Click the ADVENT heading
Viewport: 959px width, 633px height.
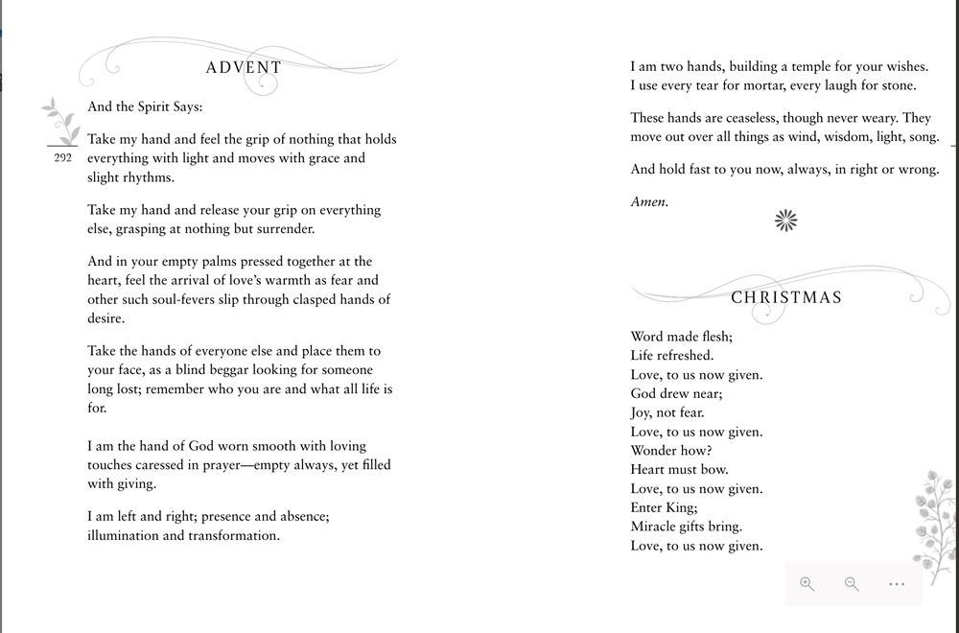pyautogui.click(x=244, y=68)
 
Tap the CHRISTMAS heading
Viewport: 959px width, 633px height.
pyautogui.click(x=786, y=297)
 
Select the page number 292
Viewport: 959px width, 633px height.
pyautogui.click(x=63, y=157)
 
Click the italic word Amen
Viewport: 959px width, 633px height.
pyautogui.click(x=649, y=201)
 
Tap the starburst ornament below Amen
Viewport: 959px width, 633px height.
pyautogui.click(x=786, y=221)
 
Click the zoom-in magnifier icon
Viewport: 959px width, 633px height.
pyautogui.click(x=807, y=584)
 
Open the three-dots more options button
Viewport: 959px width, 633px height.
pyautogui.click(x=897, y=584)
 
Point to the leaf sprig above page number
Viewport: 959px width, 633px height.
pyautogui.click(x=61, y=120)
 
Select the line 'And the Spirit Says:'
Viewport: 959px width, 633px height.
pyautogui.click(x=145, y=107)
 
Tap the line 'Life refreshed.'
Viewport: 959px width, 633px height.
pyautogui.click(x=672, y=356)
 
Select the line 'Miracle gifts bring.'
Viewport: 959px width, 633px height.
pyautogui.click(x=687, y=527)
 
